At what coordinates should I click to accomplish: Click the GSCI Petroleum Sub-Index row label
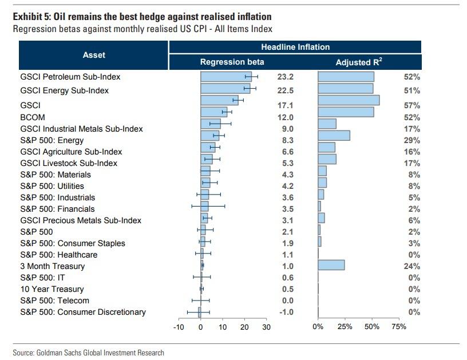70,77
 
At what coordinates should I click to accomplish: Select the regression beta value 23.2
284,77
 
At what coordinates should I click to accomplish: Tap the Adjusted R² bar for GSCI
349,101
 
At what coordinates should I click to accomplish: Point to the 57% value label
412,106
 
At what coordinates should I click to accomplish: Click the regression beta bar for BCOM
213,112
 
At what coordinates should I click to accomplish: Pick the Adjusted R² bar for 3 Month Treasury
331,264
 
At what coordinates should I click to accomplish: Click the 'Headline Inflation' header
295,47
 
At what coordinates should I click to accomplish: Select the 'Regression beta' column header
232,62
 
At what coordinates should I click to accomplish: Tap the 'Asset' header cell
94,55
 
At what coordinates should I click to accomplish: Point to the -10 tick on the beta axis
178,327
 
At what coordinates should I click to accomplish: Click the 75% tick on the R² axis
399,327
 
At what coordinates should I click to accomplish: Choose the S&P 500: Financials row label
58,209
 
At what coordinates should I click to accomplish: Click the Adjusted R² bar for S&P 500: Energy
334,135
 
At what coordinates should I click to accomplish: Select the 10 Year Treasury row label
52,289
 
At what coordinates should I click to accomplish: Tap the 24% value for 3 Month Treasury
412,266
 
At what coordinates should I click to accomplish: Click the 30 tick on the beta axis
266,327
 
